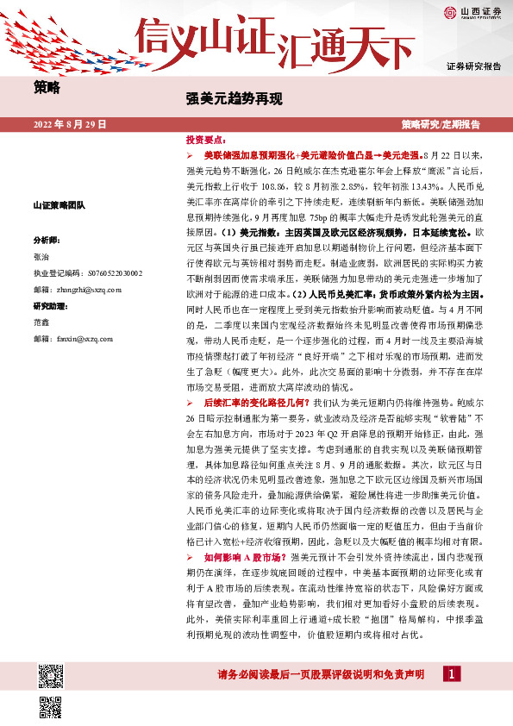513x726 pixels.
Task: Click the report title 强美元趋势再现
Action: (x=235, y=98)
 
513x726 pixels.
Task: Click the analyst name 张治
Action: (x=41, y=257)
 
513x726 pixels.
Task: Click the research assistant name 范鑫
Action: (x=41, y=322)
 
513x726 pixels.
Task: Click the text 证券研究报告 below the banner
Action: (x=473, y=66)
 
